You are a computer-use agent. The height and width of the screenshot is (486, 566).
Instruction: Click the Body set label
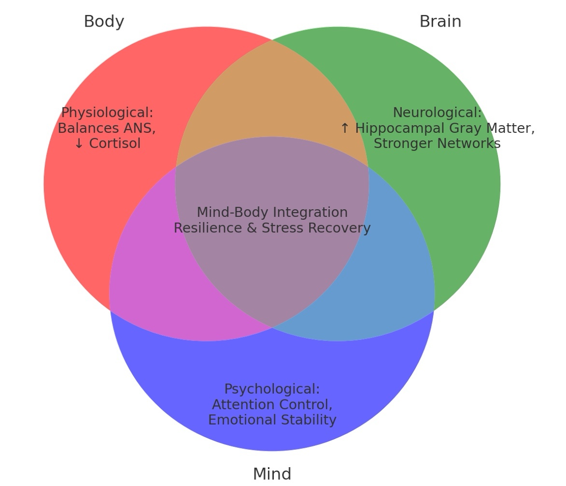pos(104,22)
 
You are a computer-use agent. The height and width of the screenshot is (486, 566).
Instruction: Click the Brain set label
pos(440,22)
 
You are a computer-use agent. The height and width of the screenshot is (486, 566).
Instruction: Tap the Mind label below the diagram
pos(272,474)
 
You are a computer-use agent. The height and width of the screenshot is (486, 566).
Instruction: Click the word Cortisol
pos(115,143)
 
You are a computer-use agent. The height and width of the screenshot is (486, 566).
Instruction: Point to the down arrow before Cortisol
pos(79,143)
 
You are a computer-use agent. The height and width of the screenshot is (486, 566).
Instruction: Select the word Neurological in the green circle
pos(437,113)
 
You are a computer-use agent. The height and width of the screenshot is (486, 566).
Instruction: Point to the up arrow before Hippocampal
pos(344,128)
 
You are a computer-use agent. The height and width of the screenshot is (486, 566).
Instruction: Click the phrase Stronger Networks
pos(437,143)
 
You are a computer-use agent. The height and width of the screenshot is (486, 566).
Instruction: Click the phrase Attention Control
pos(272,404)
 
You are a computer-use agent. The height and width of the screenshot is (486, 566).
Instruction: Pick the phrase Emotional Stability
pos(272,420)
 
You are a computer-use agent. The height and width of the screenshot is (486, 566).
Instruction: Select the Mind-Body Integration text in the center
pos(272,213)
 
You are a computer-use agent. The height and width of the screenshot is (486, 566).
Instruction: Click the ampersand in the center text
pos(252,228)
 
